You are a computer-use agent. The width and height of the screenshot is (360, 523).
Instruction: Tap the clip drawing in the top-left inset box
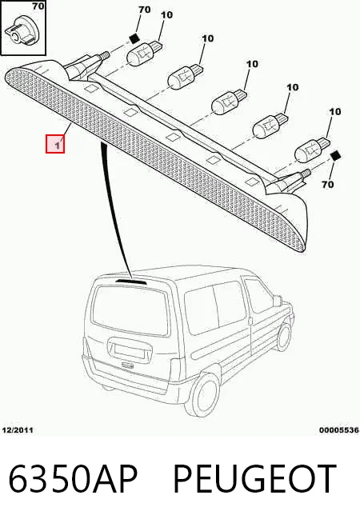[22, 30]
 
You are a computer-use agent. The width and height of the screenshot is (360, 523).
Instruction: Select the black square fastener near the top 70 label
[134, 38]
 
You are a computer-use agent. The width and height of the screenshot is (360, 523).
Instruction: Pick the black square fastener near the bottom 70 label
[335, 156]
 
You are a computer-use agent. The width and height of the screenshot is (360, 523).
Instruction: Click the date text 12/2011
[18, 430]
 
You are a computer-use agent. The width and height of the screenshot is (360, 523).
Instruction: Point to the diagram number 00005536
[339, 430]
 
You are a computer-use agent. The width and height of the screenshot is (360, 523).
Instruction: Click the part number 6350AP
[73, 479]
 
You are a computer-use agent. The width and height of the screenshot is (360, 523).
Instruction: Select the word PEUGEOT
[254, 479]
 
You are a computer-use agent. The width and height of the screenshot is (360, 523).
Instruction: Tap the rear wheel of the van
[204, 396]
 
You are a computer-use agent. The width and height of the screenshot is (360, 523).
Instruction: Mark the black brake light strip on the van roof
[130, 281]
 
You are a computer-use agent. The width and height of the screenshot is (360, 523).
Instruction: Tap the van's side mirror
[278, 301]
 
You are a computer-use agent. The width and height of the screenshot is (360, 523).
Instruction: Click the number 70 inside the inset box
[38, 6]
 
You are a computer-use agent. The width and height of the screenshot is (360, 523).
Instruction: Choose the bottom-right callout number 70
[328, 184]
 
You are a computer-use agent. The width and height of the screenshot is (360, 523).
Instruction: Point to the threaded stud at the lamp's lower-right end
[306, 174]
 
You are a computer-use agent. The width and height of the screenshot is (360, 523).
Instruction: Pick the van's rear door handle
[127, 365]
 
